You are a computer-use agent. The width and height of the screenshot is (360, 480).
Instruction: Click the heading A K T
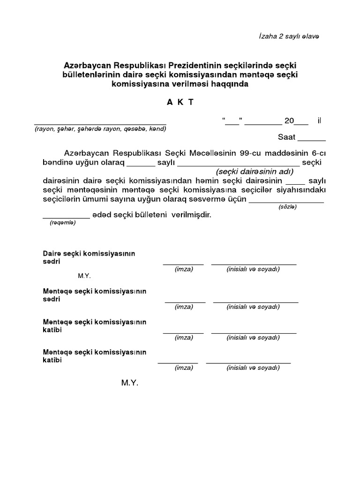pyautogui.click(x=180, y=103)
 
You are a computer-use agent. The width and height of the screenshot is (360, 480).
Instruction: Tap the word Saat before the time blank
pyautogui.click(x=287, y=137)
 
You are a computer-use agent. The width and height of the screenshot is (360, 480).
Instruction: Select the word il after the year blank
pyautogui.click(x=319, y=121)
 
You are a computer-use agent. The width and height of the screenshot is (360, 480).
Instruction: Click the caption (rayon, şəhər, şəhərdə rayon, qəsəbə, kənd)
pyautogui.click(x=100, y=129)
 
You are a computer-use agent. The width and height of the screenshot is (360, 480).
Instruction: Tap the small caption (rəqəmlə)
pyautogui.click(x=62, y=223)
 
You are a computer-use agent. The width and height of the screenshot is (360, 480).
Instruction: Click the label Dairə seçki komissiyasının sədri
pyautogui.click(x=89, y=257)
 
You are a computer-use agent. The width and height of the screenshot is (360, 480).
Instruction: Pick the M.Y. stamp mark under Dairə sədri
pyautogui.click(x=84, y=276)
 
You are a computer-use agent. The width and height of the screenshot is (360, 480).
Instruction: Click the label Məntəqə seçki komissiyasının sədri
pyautogui.click(x=94, y=295)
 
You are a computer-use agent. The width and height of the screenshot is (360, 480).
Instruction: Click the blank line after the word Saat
pyautogui.click(x=312, y=139)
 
